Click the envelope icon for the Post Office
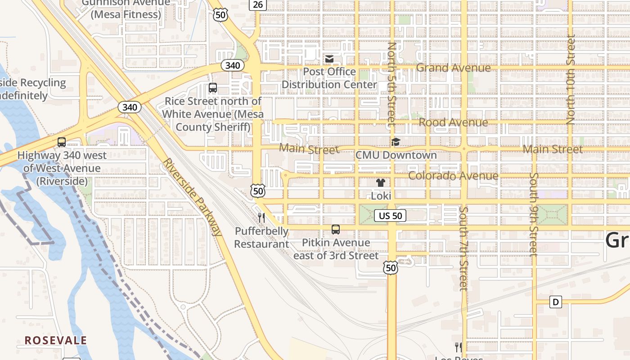coord(329,59)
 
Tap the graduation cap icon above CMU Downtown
coord(396,142)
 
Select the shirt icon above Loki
coord(381,183)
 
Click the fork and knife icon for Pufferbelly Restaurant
coord(261,218)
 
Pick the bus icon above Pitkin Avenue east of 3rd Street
coord(336,229)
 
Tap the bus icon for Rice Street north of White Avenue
coord(213,88)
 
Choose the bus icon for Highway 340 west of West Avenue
coord(62,142)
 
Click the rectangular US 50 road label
coord(390,216)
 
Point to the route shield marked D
coord(556,302)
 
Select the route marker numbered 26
coord(258,4)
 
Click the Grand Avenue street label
coord(453,68)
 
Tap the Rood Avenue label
coord(453,122)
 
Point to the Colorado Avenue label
coord(453,175)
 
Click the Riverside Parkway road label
coord(193,197)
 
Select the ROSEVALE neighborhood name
coord(56,341)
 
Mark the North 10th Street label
coord(571,80)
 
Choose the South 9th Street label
coord(534,214)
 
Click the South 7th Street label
coord(464,248)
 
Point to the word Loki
coord(381,196)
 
